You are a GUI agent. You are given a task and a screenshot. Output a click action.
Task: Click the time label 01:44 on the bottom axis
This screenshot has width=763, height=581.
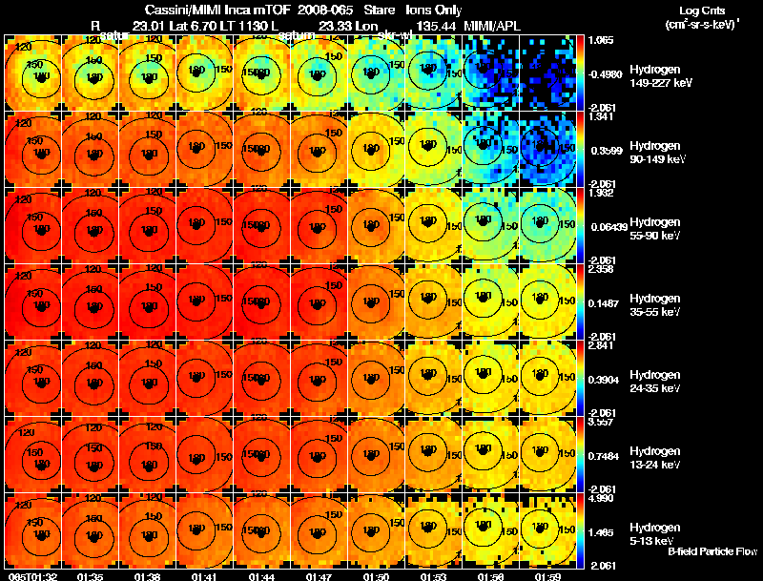[x=261, y=576]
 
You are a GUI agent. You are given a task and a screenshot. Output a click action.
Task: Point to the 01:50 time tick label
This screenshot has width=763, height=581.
[x=376, y=576]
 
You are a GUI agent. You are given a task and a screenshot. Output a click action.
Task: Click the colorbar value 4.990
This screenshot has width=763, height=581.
[x=602, y=498]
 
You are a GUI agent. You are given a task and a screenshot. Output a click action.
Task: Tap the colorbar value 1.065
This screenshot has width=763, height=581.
[x=602, y=41]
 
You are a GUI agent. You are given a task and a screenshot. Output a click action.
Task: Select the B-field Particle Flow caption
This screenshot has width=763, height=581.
[x=712, y=551]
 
